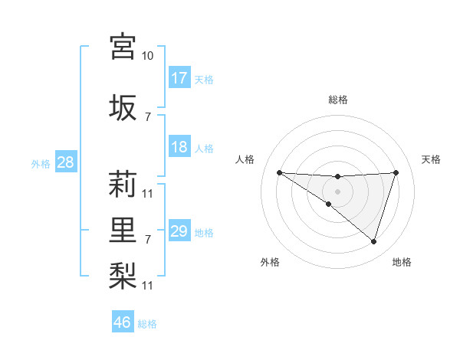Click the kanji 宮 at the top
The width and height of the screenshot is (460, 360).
(123, 47)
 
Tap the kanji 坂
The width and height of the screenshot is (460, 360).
(123, 107)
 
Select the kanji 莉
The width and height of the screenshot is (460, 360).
(123, 184)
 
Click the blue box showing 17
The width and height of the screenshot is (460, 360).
(179, 78)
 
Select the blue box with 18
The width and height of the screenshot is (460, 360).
(179, 147)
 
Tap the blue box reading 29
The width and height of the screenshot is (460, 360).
(179, 231)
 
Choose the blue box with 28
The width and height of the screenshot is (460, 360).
(65, 162)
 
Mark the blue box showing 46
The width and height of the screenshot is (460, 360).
(123, 322)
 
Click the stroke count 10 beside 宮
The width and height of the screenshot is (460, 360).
(148, 56)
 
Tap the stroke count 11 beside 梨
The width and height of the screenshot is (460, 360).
(148, 286)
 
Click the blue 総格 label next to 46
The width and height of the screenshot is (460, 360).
(147, 324)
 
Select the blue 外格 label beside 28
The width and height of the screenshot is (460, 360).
(40, 163)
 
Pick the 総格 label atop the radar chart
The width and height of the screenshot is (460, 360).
(337, 100)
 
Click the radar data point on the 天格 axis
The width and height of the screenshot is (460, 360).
(396, 172)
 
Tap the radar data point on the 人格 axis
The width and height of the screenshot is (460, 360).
(279, 172)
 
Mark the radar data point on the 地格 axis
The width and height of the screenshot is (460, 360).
(373, 241)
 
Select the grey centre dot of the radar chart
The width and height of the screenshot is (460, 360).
(337, 191)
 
